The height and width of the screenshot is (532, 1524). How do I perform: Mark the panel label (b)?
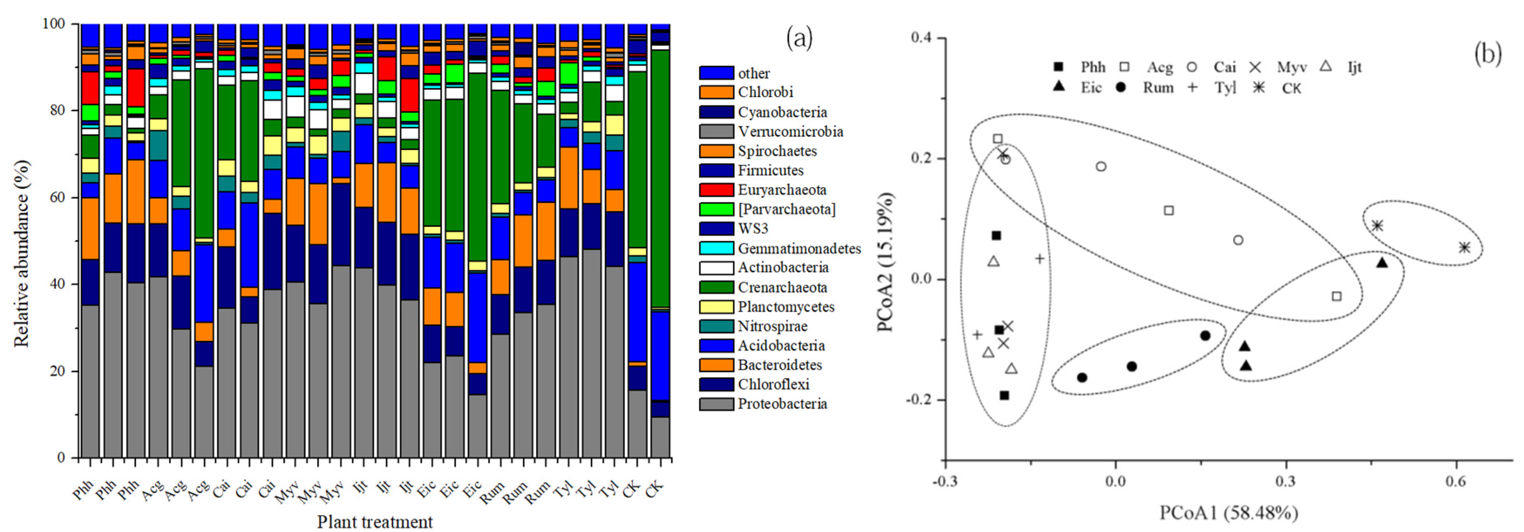pyautogui.click(x=1487, y=55)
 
